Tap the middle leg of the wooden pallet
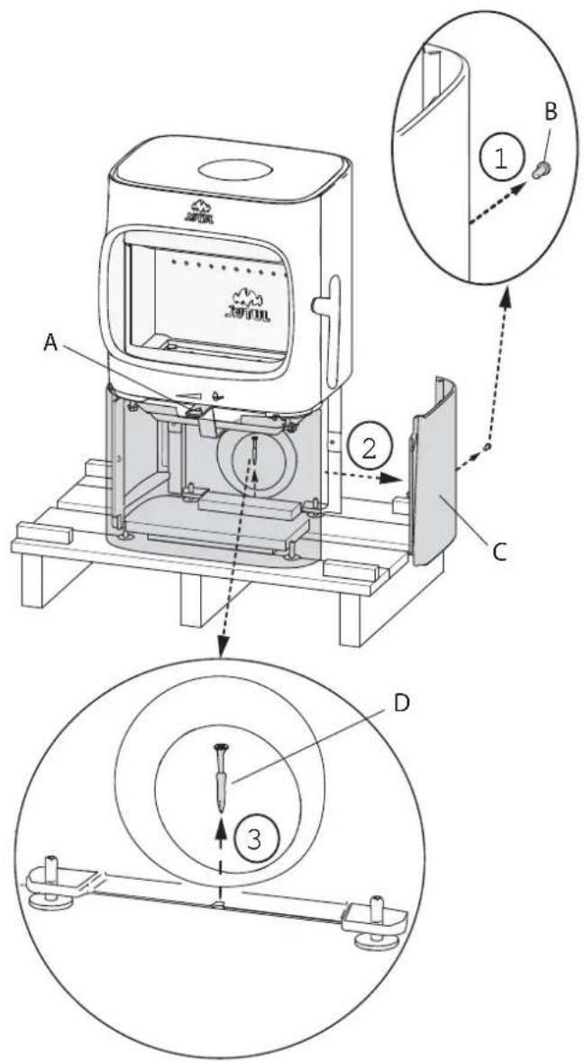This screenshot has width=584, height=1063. point(196,597)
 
